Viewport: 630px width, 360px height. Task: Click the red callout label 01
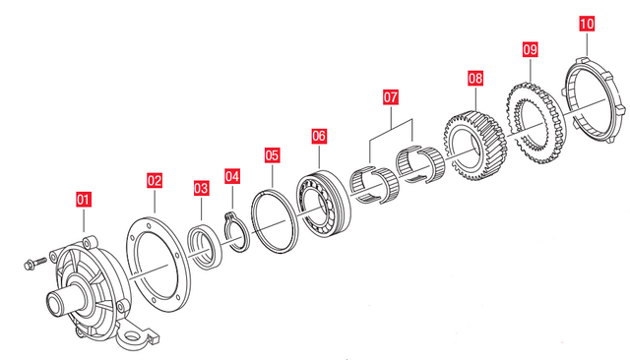click(x=84, y=200)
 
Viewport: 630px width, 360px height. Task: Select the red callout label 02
click(x=155, y=181)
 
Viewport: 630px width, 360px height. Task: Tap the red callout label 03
click(x=201, y=188)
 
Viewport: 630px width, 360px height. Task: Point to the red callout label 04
click(x=232, y=177)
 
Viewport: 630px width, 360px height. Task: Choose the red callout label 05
click(x=272, y=155)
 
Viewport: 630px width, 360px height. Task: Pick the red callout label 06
click(x=319, y=136)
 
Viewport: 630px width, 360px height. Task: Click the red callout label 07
click(x=390, y=97)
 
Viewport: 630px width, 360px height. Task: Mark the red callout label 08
click(x=475, y=78)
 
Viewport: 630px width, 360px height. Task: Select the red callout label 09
click(x=530, y=50)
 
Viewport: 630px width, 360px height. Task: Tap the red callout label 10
click(x=587, y=24)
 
